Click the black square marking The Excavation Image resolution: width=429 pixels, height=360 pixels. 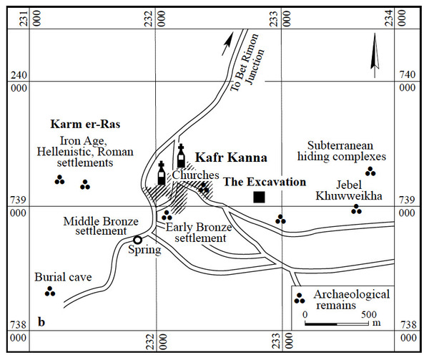[x=259, y=197]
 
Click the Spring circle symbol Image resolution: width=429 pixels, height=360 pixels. [x=137, y=240]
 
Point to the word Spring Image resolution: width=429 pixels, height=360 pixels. [x=144, y=250]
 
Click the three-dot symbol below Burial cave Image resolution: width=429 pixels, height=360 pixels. [x=50, y=291]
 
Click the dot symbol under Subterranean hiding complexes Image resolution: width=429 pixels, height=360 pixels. [x=370, y=171]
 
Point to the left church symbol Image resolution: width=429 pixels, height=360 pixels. [x=162, y=174]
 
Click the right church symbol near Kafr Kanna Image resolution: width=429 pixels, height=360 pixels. [x=181, y=156]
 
